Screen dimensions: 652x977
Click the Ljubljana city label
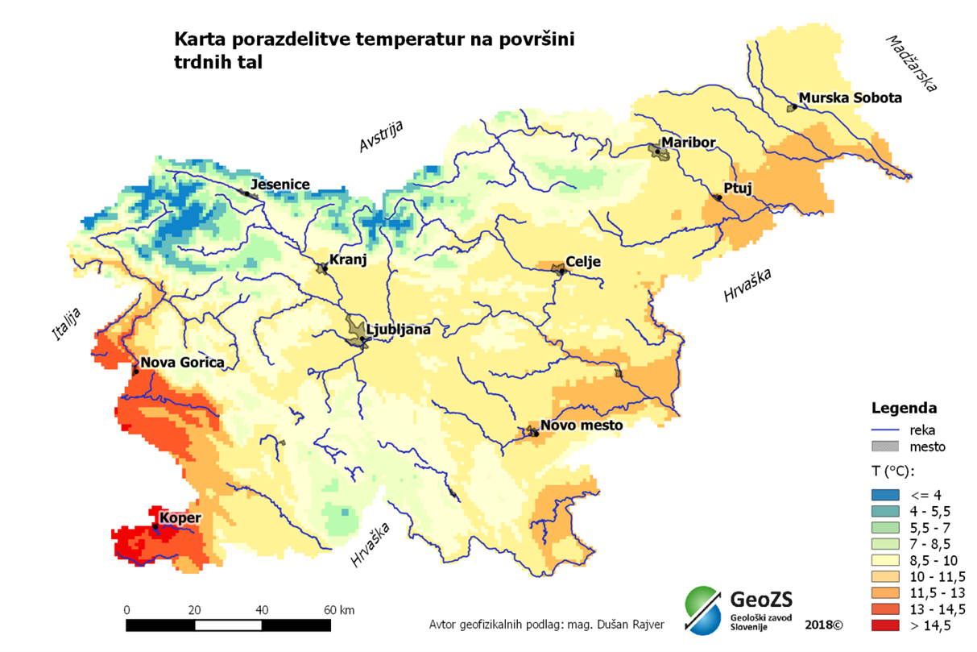pos(399,329)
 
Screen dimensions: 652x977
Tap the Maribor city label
pos(688,143)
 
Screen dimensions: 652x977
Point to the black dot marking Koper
pos(155,528)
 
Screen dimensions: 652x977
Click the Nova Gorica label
pos(182,363)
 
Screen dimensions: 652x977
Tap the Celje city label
pos(584,261)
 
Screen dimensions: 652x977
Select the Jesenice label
pos(280,185)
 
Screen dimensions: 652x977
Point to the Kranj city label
pos(348,260)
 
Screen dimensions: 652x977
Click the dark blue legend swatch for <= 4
pos(886,494)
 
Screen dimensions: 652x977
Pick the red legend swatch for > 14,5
pos(886,625)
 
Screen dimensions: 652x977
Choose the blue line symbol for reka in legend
pos(886,430)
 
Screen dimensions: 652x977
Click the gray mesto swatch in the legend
pos(886,446)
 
